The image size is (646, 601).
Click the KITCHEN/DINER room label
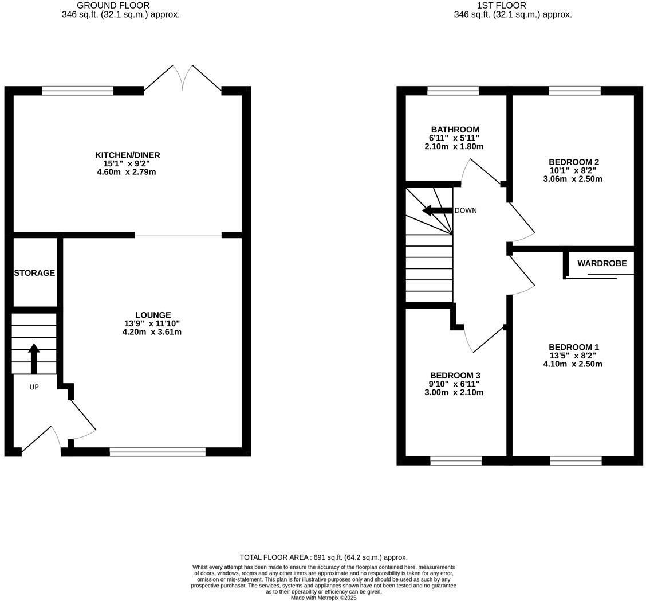click(x=127, y=155)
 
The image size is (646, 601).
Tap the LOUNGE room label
click(x=153, y=315)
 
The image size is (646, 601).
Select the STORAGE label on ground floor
click(x=34, y=273)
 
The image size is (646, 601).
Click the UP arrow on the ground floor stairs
click(x=34, y=358)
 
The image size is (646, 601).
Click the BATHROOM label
click(x=455, y=130)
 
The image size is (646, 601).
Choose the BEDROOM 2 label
click(x=573, y=162)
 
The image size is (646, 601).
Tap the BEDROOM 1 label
click(x=573, y=347)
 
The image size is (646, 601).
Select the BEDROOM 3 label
click(x=455, y=376)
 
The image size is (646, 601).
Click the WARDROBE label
click(x=602, y=263)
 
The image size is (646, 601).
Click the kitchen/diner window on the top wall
click(x=77, y=91)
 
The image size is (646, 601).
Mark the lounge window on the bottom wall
click(x=157, y=452)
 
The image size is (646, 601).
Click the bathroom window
click(x=453, y=91)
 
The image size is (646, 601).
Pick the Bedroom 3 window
click(x=456, y=460)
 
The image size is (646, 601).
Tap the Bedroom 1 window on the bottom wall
click(x=576, y=460)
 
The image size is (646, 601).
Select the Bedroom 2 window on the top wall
click(x=574, y=91)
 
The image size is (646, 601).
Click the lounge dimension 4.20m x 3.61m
click(x=152, y=332)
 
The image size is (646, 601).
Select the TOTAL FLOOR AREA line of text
click(x=324, y=557)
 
